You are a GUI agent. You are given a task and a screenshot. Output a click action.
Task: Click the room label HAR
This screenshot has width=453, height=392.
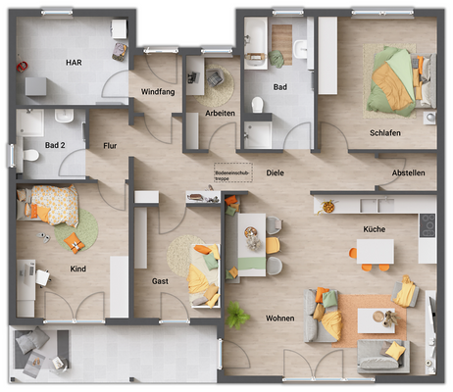[x=74, y=62]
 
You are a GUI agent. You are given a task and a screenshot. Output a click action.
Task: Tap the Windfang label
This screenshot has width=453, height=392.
[x=158, y=92]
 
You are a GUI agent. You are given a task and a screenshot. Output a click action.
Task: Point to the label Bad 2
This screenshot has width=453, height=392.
[x=56, y=146]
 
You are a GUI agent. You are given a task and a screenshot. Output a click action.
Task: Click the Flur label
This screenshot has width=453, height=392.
[x=110, y=146]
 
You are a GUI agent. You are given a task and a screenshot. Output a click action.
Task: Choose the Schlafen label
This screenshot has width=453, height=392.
[x=384, y=132]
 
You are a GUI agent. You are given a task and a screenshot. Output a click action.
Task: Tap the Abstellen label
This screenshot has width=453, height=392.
[x=408, y=172]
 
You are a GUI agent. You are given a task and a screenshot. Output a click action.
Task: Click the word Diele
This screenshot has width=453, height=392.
[x=275, y=172]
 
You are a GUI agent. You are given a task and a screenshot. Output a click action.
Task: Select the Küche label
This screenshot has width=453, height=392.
[x=373, y=228]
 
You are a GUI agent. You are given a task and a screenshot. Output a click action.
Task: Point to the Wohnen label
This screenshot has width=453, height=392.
[x=279, y=318]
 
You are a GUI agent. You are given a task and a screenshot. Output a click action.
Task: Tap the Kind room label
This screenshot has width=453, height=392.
[x=77, y=268]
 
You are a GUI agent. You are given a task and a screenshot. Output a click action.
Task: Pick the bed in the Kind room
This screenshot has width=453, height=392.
[x=49, y=205]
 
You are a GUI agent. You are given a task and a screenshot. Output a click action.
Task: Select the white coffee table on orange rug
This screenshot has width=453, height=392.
[x=372, y=319]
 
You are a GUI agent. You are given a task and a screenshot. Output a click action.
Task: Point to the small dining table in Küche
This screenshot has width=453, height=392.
[x=373, y=251]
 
